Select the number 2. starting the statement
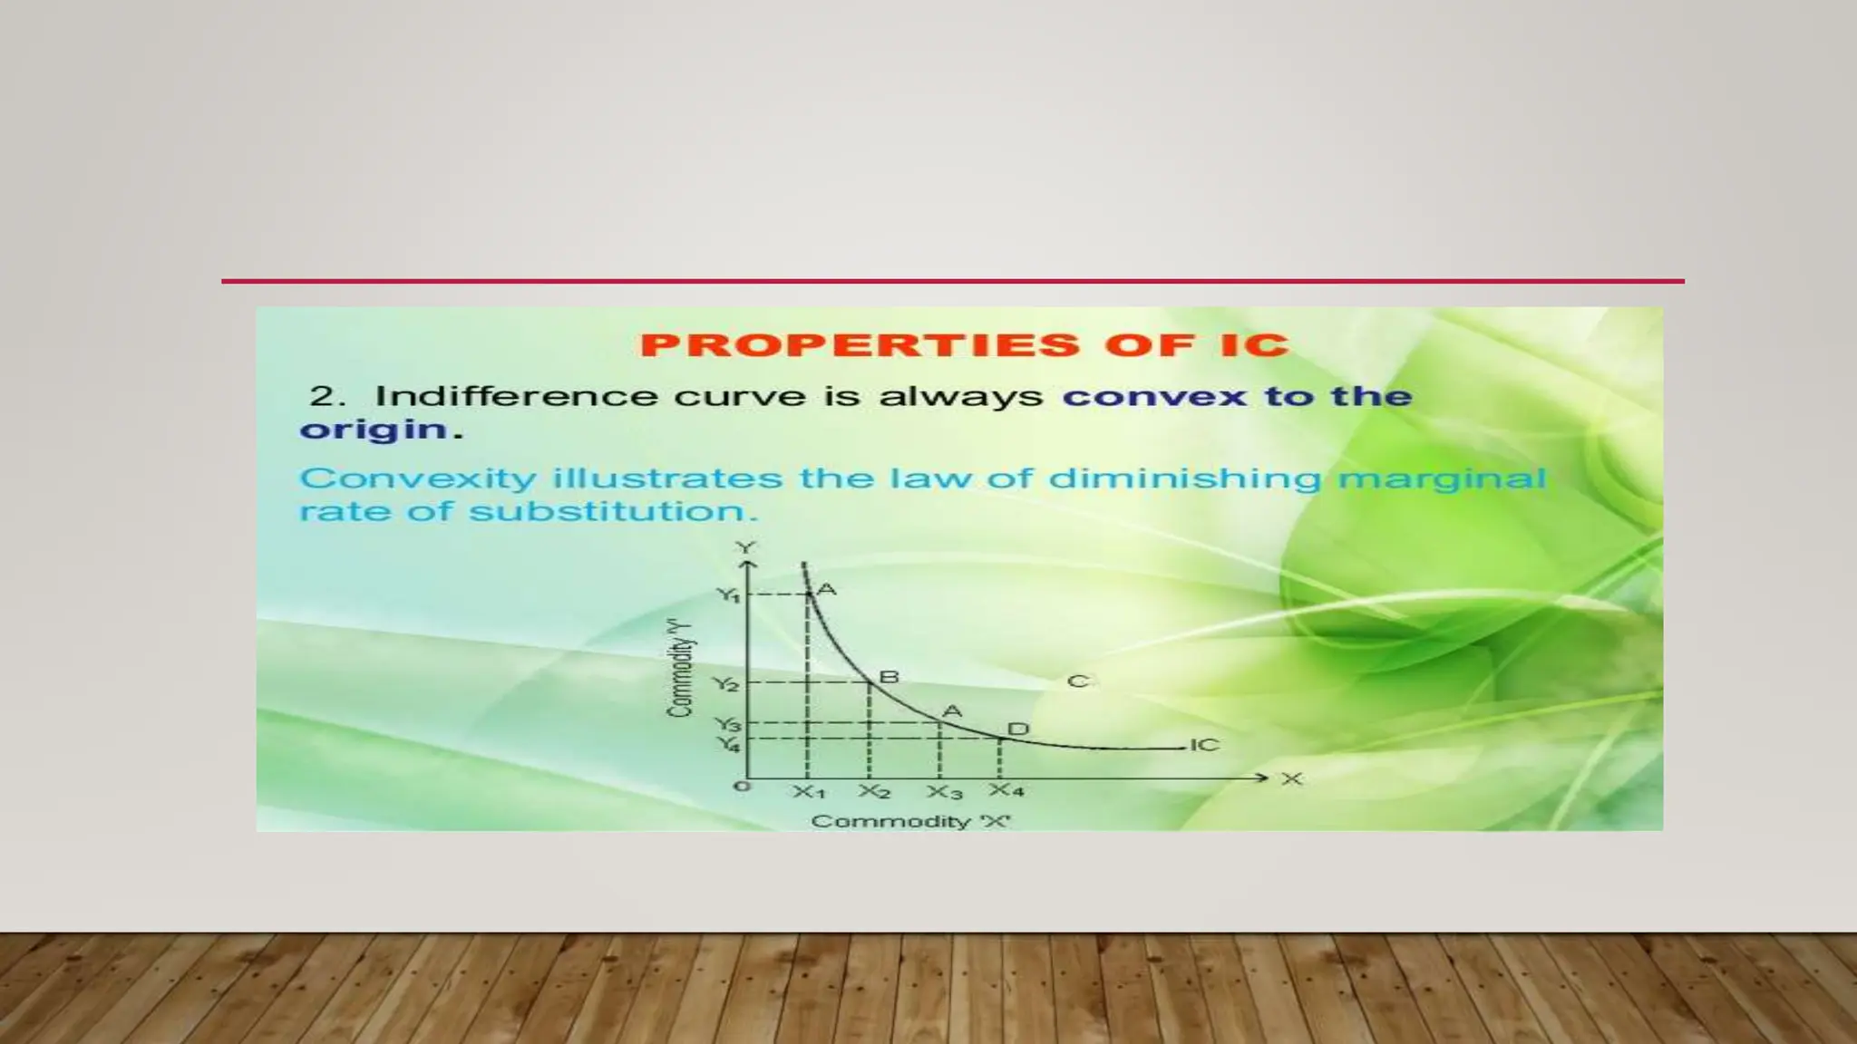327,396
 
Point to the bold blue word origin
374,430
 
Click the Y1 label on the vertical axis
728,595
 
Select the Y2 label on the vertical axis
725,683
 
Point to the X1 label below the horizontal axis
809,792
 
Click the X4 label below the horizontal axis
1006,790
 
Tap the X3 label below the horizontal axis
944,793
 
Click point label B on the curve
890,677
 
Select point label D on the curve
1018,730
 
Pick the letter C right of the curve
1077,681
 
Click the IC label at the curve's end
1204,745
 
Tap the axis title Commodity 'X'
910,821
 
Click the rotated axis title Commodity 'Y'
680,669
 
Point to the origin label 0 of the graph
742,786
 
